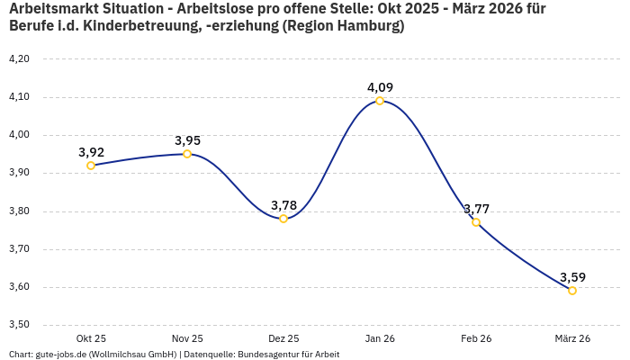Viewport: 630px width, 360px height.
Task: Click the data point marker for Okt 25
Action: click(91, 166)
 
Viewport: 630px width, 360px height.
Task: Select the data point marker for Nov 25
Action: click(187, 154)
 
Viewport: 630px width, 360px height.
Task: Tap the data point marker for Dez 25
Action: click(283, 219)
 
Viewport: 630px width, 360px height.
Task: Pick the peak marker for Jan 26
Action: click(380, 101)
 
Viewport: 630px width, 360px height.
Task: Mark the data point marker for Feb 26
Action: click(476, 222)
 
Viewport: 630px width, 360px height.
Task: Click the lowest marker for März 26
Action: click(572, 291)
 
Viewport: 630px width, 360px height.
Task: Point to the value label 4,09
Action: click(380, 87)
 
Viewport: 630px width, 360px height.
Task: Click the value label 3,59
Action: click(572, 277)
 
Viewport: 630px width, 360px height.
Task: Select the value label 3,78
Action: click(283, 205)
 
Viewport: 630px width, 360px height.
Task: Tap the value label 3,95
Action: click(187, 140)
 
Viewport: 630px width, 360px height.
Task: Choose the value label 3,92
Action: click(91, 152)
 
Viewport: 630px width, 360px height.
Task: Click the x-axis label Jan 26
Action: click(380, 338)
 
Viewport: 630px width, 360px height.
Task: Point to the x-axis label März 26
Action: click(572, 338)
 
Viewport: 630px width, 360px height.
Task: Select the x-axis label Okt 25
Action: click(91, 338)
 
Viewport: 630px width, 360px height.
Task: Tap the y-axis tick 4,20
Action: click(19, 59)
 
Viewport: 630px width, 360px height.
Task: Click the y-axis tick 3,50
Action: click(19, 325)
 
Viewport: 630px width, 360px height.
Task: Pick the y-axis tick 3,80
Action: click(19, 211)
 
